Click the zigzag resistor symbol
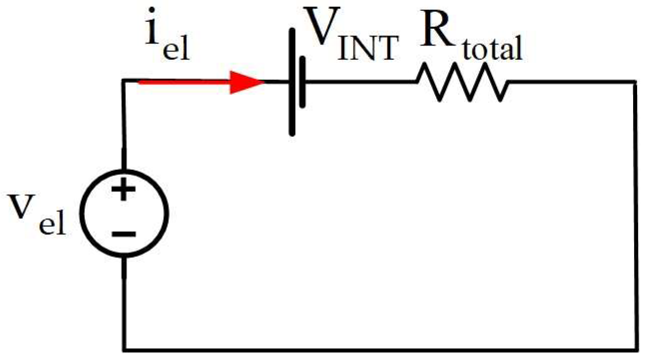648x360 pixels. pyautogui.click(x=463, y=84)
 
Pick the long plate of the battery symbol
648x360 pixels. pyautogui.click(x=293, y=82)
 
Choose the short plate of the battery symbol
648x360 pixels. pyautogui.click(x=303, y=82)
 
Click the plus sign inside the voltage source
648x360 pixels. pyautogui.click(x=125, y=190)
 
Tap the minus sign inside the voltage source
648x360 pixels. pyautogui.click(x=125, y=233)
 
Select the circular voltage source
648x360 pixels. pyautogui.click(x=125, y=212)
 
